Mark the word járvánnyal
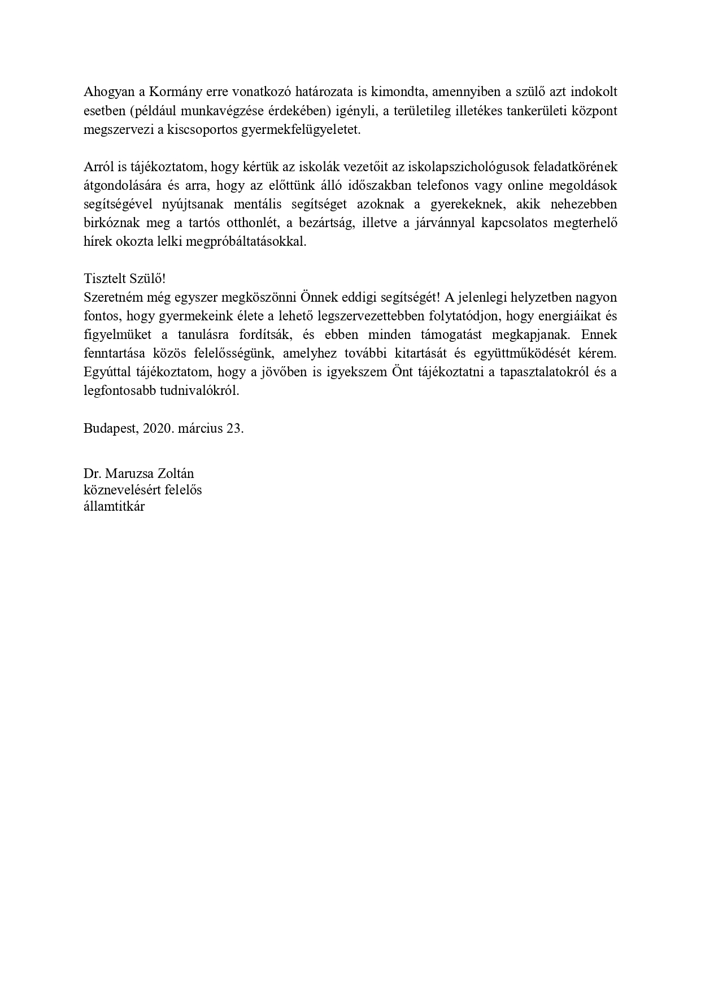(x=432, y=223)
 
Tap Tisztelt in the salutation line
(x=103, y=279)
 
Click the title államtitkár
(x=114, y=506)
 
